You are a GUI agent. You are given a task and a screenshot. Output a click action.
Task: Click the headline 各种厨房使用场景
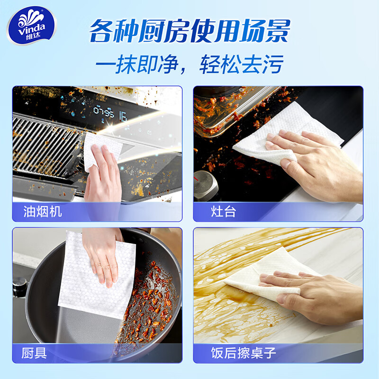pos(189,30)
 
